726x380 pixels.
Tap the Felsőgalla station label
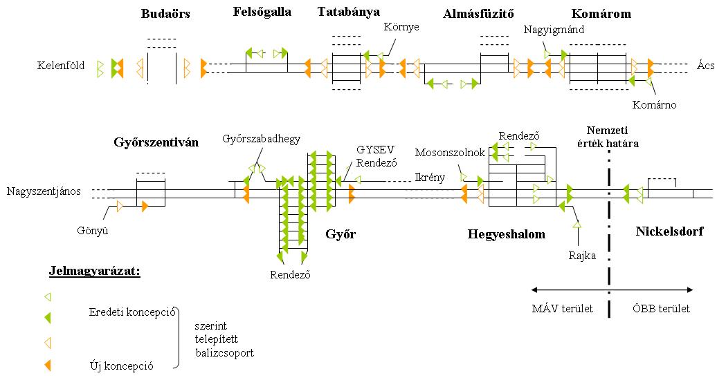pyautogui.click(x=262, y=12)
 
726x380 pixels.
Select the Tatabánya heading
pyautogui.click(x=349, y=12)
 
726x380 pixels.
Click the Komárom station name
pyautogui.click(x=601, y=14)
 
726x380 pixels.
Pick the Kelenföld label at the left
pyautogui.click(x=61, y=66)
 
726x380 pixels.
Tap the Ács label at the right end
pyautogui.click(x=705, y=66)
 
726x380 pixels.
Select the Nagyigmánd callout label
pyautogui.click(x=555, y=30)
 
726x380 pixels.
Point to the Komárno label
pyautogui.click(x=654, y=105)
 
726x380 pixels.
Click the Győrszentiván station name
pyautogui.click(x=156, y=143)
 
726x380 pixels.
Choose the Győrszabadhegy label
pyautogui.click(x=261, y=139)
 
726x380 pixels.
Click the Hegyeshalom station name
pyautogui.click(x=506, y=234)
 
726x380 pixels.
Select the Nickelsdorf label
pyautogui.click(x=669, y=231)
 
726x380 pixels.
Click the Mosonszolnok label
pyautogui.click(x=450, y=152)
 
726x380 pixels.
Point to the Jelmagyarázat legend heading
pyautogui.click(x=95, y=270)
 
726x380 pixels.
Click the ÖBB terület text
pyautogui.click(x=661, y=309)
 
